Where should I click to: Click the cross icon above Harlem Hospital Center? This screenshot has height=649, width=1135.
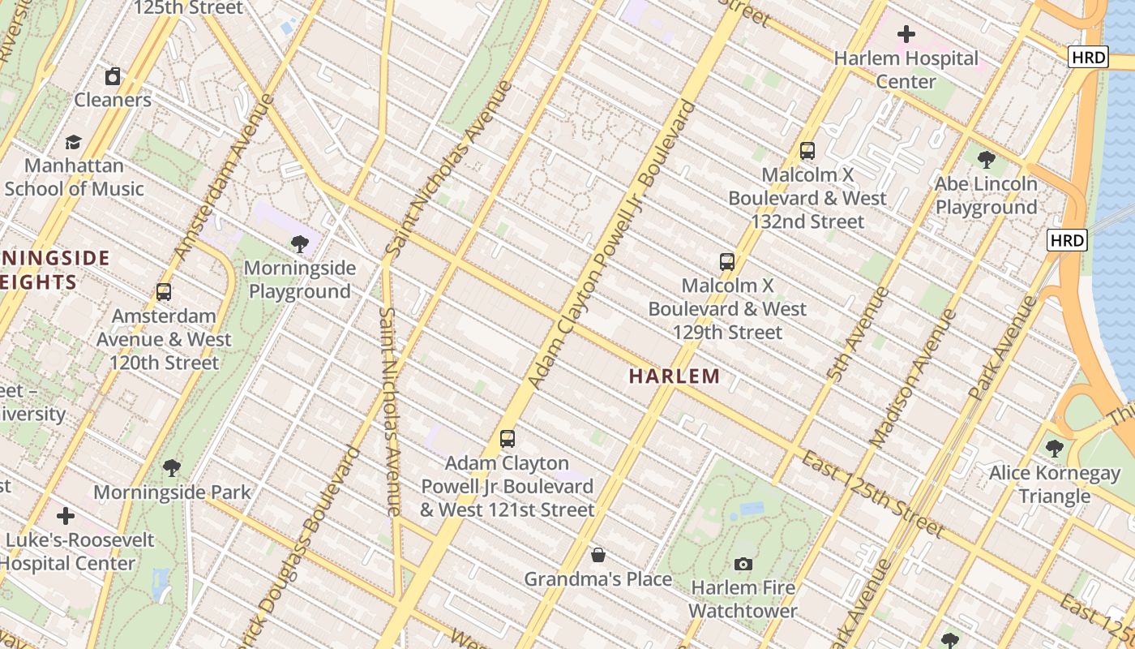coord(906,34)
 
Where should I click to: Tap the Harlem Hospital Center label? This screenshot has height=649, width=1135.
coord(906,70)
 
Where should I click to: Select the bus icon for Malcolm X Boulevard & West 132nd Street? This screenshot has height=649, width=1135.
coord(807,150)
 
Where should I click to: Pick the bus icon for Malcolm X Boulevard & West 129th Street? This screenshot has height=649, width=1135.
coord(727,262)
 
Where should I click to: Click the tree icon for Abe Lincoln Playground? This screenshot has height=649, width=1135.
coord(986,160)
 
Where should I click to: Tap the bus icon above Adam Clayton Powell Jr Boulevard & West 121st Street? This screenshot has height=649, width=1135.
coord(508,439)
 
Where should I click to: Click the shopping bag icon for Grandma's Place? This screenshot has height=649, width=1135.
coord(598,555)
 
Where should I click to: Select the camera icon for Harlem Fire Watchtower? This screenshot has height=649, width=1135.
coord(743,564)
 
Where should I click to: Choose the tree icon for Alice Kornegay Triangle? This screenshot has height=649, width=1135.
coord(1054,448)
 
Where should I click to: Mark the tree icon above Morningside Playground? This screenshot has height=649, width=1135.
coord(300,243)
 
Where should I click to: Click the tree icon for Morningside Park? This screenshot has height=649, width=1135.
coord(172,468)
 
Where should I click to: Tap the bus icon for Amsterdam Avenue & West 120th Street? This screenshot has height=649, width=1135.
coord(164,292)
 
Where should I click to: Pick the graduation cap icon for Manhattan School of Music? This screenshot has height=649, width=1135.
coord(74,142)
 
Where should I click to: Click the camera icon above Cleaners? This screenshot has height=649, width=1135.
coord(113,76)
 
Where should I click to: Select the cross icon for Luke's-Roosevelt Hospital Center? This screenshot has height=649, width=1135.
coord(66,516)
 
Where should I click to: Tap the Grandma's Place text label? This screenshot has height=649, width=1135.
coord(598,579)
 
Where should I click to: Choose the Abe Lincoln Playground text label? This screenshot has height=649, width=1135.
coord(986,196)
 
